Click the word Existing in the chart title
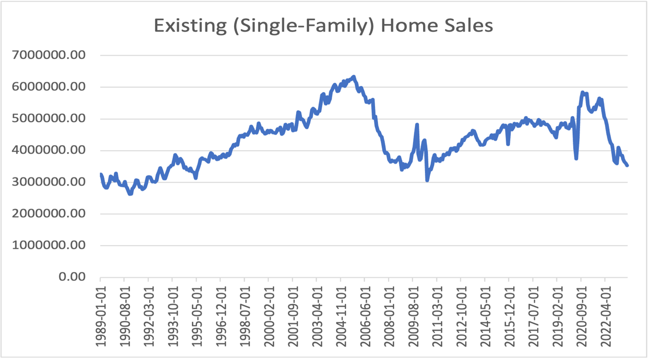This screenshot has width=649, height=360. click(188, 25)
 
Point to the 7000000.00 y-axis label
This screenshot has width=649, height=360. click(49, 55)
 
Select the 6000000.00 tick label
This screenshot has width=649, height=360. click(49, 87)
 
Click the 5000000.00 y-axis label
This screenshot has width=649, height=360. click(49, 118)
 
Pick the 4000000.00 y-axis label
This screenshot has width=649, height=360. click(49, 150)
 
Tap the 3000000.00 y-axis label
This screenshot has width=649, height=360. click(49, 182)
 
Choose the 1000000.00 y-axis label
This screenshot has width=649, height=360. click(49, 245)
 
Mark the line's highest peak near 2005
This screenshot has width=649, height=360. click(354, 77)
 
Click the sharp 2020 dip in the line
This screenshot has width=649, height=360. click(576, 158)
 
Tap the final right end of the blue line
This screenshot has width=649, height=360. click(627, 165)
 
